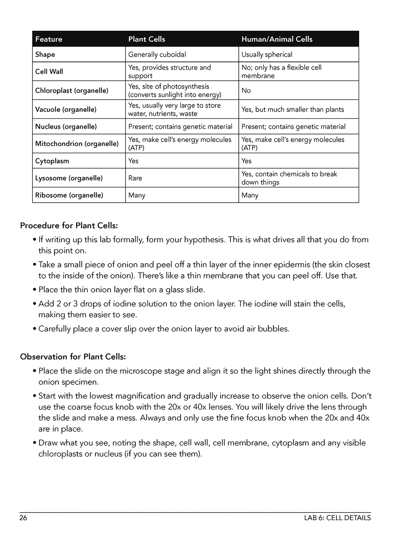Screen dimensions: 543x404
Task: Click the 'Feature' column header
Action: (x=49, y=39)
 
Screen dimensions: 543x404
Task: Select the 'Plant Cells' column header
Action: (x=147, y=39)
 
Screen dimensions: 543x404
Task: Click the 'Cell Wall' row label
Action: (x=49, y=71)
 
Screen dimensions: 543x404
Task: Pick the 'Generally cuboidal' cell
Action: (x=157, y=54)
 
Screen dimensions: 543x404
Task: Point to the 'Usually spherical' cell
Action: (x=267, y=54)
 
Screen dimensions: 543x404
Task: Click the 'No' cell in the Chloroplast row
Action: (x=246, y=90)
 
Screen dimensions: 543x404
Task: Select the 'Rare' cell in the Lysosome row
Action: (x=135, y=178)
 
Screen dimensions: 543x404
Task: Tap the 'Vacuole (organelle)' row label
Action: (x=66, y=109)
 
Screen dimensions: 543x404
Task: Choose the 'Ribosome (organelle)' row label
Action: (x=69, y=195)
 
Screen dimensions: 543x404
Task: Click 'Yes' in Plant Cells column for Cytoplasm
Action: (x=133, y=161)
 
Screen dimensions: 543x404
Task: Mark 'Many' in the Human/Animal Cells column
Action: (x=250, y=195)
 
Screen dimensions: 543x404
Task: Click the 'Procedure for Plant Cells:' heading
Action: (x=69, y=226)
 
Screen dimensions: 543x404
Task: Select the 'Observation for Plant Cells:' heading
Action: (x=73, y=357)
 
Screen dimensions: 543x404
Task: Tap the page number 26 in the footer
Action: (x=23, y=518)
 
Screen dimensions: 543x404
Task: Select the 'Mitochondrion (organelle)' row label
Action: (x=77, y=144)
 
